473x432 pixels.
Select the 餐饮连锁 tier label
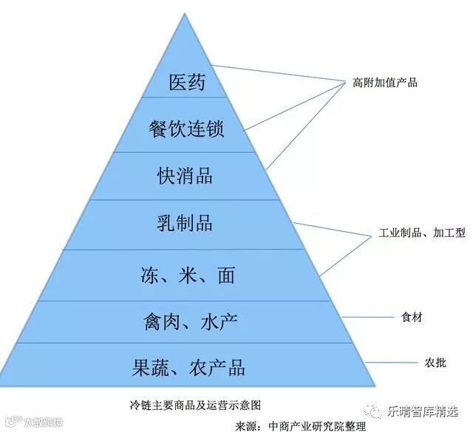tap(186, 128)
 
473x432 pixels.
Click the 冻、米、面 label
tap(187, 275)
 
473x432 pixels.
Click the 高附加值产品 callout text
tap(384, 83)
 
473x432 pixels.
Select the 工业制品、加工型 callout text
tap(421, 233)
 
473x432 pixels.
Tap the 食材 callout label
tap(413, 318)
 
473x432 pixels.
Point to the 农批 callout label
tap(413, 363)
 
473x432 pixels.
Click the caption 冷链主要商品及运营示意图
tap(194, 405)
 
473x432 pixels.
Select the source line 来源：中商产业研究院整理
tap(299, 426)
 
